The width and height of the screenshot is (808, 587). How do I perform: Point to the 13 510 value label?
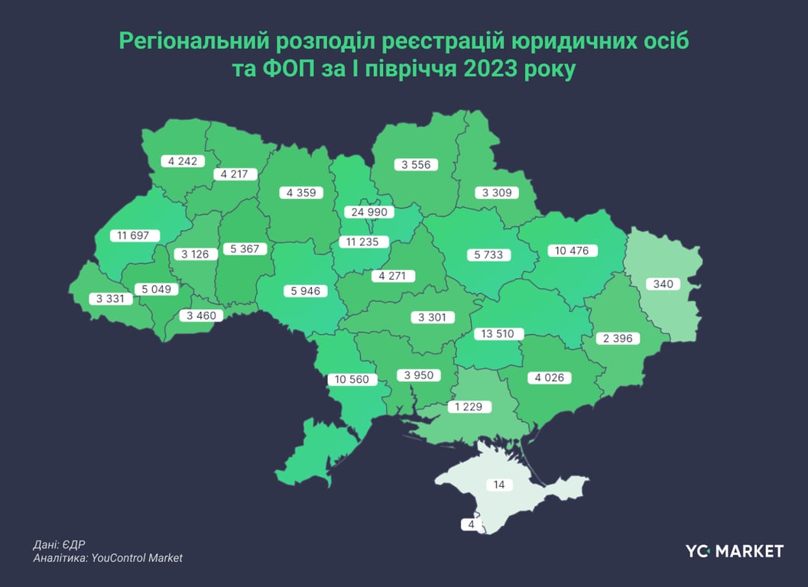[x=498, y=334]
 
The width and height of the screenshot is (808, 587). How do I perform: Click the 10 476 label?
[x=573, y=251]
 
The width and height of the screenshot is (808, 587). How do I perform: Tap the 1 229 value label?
[x=468, y=407]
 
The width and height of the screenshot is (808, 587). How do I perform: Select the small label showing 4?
[x=472, y=525]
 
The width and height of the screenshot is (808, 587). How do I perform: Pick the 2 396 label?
[x=617, y=338]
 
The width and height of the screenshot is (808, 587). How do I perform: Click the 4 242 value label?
[x=183, y=161]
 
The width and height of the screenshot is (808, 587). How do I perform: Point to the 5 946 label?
[x=305, y=290]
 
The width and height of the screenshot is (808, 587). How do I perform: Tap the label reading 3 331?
[x=111, y=299]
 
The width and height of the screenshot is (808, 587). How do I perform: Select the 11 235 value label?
[x=364, y=243]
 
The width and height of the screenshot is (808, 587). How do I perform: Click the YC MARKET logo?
[x=734, y=550]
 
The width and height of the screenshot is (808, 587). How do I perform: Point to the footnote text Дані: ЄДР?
[x=60, y=545]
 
